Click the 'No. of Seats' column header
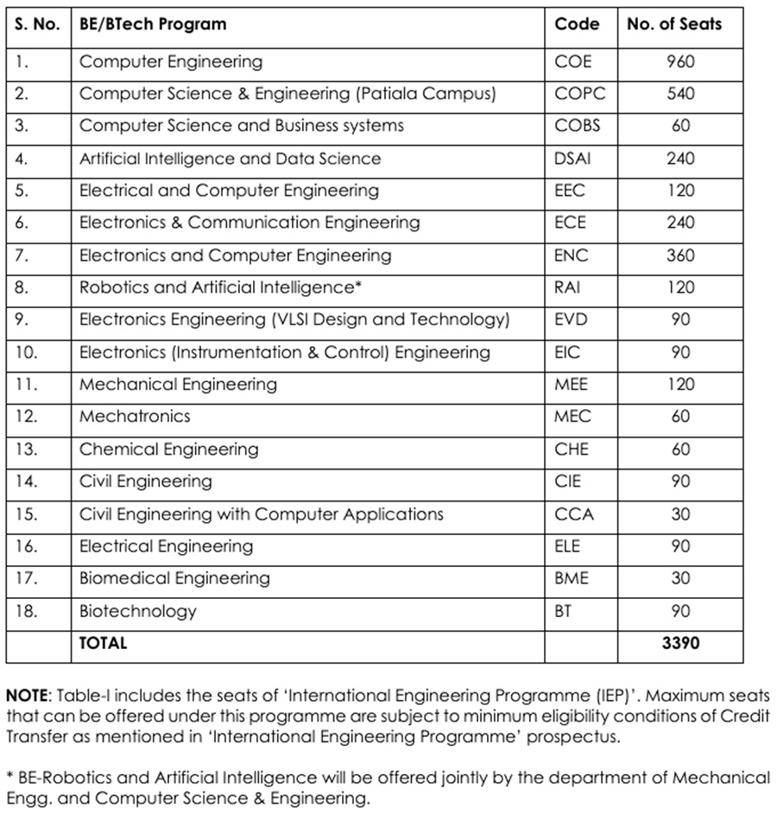(673, 24)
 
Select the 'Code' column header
(577, 24)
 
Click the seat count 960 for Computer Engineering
(680, 61)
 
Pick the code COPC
(580, 94)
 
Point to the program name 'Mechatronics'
(135, 416)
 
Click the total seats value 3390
(680, 643)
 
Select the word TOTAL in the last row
(103, 643)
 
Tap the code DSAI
(573, 159)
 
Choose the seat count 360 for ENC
(680, 255)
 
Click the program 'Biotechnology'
(138, 611)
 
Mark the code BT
(563, 611)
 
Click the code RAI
(568, 287)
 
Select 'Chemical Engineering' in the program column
(168, 449)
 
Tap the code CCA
(574, 514)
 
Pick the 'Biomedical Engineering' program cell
(174, 578)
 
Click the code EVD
(571, 320)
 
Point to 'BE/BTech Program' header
(153, 24)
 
